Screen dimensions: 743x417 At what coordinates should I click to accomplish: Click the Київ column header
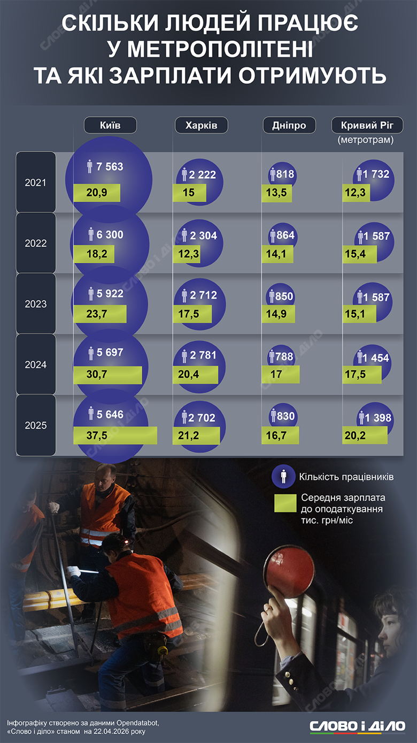pos(110,125)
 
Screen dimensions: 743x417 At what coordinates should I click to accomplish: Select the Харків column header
pos(201,125)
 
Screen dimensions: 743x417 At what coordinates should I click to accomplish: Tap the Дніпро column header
pos(289,125)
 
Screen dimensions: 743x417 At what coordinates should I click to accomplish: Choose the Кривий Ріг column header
pos(367,125)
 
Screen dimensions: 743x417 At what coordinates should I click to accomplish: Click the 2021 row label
pos(36,182)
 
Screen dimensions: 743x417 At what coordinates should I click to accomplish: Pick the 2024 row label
pos(36,365)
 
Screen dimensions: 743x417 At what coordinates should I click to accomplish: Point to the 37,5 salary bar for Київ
pos(115,435)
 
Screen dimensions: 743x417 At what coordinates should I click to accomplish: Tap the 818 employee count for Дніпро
pos(284,174)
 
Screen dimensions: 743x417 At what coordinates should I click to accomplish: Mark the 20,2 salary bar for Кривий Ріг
pos(365,435)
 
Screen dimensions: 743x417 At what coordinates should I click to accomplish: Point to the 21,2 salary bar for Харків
pos(196,435)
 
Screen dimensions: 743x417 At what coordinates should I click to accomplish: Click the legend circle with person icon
pos(283,476)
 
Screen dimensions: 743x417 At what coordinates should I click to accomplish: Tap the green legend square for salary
pos(285,503)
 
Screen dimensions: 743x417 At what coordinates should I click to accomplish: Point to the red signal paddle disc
pos(291,568)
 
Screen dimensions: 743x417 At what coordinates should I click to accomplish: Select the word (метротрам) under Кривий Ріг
pos(366,140)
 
